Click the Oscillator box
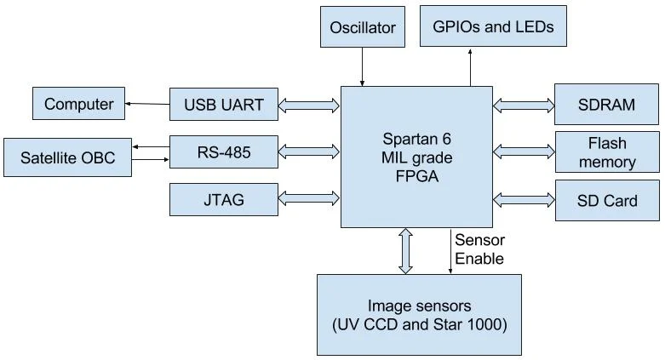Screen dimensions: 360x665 363,27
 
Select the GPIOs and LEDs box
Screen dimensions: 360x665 493,26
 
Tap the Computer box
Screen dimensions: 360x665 78,104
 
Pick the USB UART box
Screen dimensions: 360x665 224,106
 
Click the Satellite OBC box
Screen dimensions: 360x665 67,157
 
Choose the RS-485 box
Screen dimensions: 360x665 224,153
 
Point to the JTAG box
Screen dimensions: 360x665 224,200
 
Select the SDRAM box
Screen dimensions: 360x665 606,105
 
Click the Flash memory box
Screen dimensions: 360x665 606,151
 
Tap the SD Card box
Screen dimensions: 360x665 606,201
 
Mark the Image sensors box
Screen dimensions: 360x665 418,315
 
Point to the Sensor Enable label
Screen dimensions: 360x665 479,249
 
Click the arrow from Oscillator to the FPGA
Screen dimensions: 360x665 363,66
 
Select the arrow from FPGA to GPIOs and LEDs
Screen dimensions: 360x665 470,66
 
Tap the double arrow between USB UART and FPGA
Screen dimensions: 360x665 309,105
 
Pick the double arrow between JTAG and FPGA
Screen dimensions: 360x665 309,200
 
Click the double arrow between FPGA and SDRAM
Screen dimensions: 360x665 523,105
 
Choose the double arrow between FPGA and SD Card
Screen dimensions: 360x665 523,200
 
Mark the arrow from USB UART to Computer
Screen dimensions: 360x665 147,105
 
